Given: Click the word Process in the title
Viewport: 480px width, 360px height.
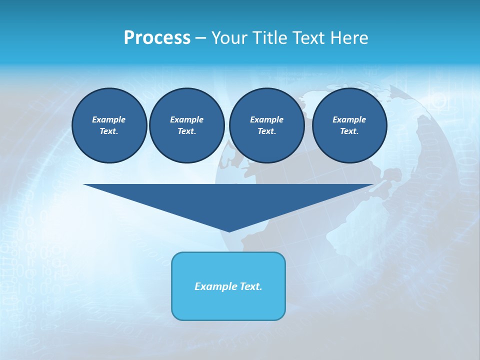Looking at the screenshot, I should (x=157, y=38).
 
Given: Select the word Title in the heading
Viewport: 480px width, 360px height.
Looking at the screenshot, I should (x=269, y=38).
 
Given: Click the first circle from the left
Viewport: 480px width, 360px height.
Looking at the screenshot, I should (x=109, y=125).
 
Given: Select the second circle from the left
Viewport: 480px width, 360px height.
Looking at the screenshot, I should (x=187, y=125).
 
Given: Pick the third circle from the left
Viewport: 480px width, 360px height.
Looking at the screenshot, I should (x=266, y=125).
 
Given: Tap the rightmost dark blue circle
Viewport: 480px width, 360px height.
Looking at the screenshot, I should (x=349, y=125).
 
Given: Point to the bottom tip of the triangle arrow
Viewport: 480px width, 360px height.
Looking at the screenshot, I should (x=229, y=231).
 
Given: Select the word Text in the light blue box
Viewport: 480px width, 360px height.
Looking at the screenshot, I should (x=251, y=286).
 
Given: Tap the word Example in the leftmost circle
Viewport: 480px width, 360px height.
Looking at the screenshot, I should (x=109, y=120).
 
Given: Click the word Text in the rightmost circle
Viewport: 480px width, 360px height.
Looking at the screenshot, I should (x=349, y=131).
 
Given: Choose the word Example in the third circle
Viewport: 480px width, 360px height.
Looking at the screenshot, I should (x=266, y=120).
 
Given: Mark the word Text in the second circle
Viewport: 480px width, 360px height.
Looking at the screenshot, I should (x=186, y=131).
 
